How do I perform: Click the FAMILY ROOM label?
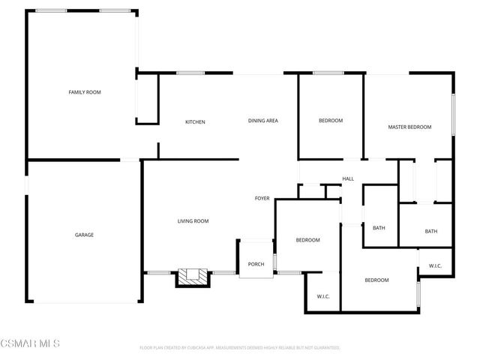85,92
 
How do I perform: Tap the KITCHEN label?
196,122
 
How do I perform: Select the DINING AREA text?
263,121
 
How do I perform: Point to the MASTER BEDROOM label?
409,127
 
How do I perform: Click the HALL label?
348,178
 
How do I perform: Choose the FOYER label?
262,199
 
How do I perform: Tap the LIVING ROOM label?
193,221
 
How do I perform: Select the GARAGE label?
84,235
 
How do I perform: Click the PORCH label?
256,263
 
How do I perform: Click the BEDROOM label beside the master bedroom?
331,121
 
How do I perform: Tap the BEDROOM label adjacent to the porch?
307,240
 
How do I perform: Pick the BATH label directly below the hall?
379,228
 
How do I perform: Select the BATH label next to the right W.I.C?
430,231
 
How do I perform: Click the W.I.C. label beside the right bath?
436,266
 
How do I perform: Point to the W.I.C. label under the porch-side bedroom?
323,296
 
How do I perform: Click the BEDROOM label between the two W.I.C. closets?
376,280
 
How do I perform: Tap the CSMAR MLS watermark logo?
31,343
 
